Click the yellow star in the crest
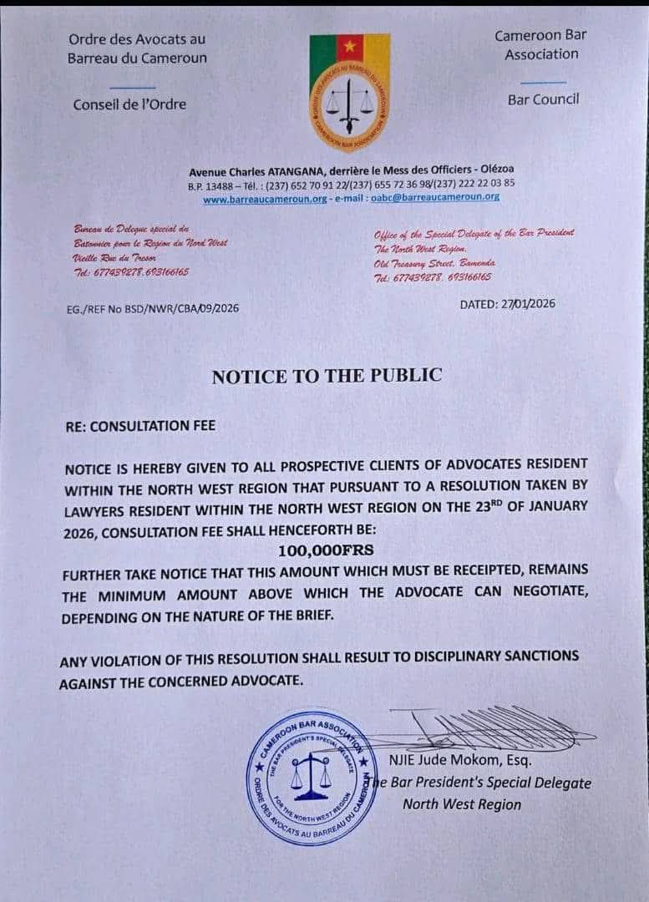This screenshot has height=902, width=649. [x=349, y=47]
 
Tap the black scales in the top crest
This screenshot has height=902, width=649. [x=349, y=104]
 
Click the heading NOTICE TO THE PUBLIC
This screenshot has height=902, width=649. [x=327, y=376]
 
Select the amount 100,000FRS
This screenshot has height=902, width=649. [x=327, y=550]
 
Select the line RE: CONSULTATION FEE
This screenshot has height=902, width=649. [x=140, y=426]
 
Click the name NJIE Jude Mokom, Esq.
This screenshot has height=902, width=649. [x=460, y=761]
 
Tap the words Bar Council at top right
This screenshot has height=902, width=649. [x=543, y=99]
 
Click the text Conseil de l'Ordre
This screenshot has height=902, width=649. [x=129, y=104]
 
